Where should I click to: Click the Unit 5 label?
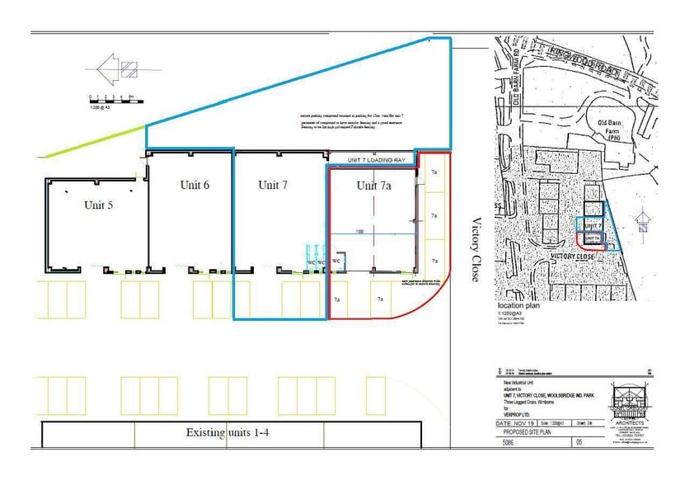coord(98,205)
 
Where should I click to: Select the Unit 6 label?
coord(195,185)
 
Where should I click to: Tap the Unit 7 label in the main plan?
coord(272,185)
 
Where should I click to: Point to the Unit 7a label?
coord(373,186)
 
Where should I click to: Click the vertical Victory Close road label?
coord(475,250)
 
